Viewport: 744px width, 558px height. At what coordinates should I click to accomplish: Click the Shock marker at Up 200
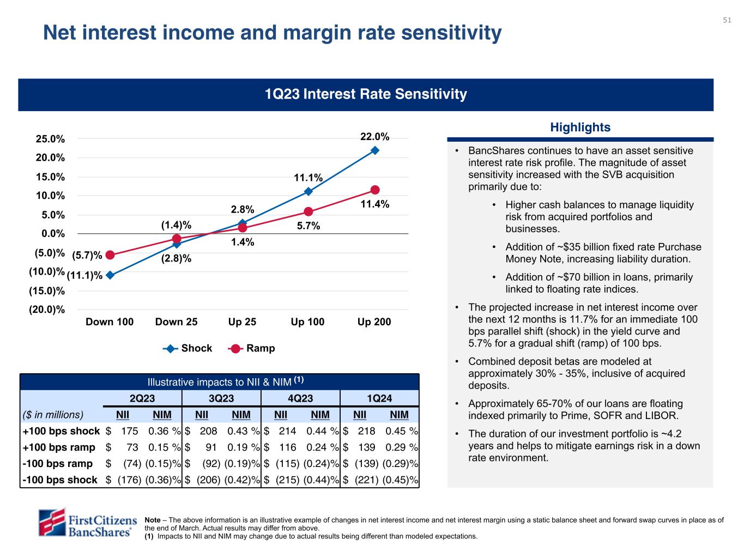pos(375,150)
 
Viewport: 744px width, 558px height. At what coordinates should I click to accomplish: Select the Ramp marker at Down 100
pos(110,255)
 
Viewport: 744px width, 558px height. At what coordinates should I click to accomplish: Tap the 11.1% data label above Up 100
pos(308,178)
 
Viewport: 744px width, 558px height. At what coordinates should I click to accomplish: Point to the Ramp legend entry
pos(252,348)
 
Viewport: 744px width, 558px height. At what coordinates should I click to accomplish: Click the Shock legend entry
pos(187,348)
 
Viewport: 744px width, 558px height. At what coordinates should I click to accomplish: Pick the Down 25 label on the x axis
pos(176,322)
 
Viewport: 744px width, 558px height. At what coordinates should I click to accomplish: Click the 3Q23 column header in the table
pos(221,398)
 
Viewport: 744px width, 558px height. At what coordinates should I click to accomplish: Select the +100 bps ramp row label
pos(59,447)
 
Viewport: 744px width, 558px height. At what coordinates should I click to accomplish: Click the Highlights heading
pos(580,128)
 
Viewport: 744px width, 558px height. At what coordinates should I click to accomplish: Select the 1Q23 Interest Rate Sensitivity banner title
pos(366,94)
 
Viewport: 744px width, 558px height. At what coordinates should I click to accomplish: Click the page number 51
pos(727,20)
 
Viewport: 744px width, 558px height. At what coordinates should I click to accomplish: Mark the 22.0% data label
pos(375,136)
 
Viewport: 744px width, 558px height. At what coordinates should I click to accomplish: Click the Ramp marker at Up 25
pos(243,228)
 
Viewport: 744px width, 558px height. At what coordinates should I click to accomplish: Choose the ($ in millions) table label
pos(53,415)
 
